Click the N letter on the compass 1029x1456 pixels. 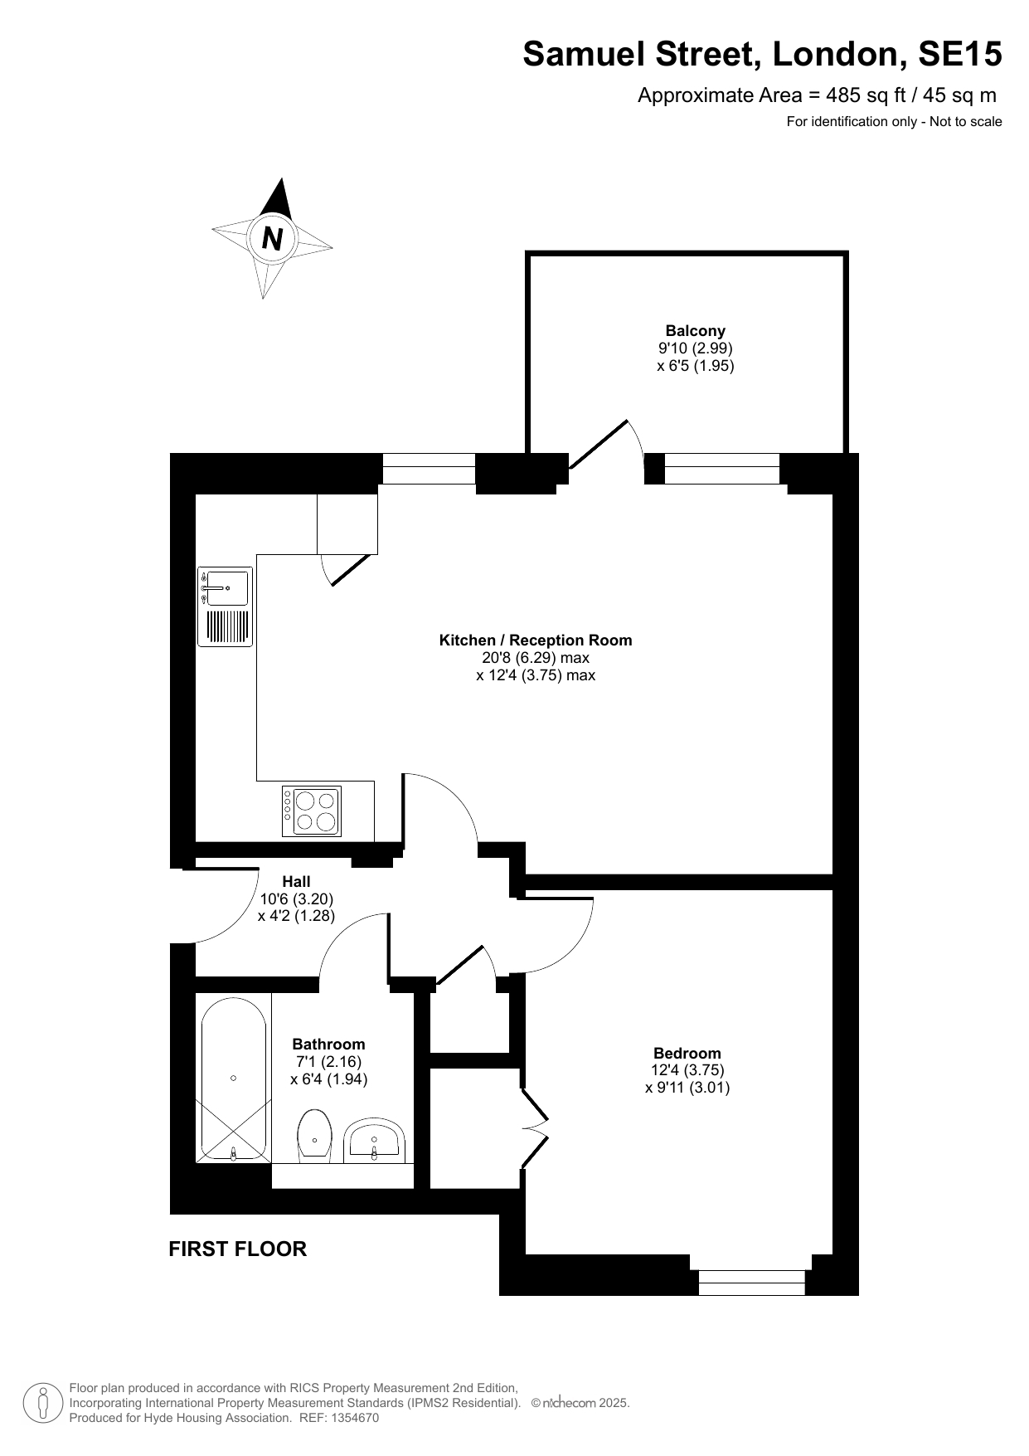tap(272, 239)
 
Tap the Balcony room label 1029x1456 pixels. tap(696, 330)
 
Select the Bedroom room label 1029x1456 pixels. tap(687, 1054)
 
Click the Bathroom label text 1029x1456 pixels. tap(329, 1045)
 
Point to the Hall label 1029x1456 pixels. tap(296, 881)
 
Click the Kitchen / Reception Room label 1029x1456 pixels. tap(536, 640)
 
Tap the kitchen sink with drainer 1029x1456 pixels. tap(226, 607)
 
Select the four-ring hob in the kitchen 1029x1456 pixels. tap(312, 811)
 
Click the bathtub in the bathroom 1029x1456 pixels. tap(233, 1079)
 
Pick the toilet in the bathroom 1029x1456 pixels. tap(315, 1136)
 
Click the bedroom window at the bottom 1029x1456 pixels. tap(752, 1283)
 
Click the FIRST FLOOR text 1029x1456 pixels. tap(238, 1249)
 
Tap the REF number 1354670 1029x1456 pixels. tap(354, 1418)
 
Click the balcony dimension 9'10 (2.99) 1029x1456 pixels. tap(696, 348)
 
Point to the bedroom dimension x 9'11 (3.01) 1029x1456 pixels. tap(687, 1088)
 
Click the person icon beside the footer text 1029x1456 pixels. tap(43, 1403)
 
